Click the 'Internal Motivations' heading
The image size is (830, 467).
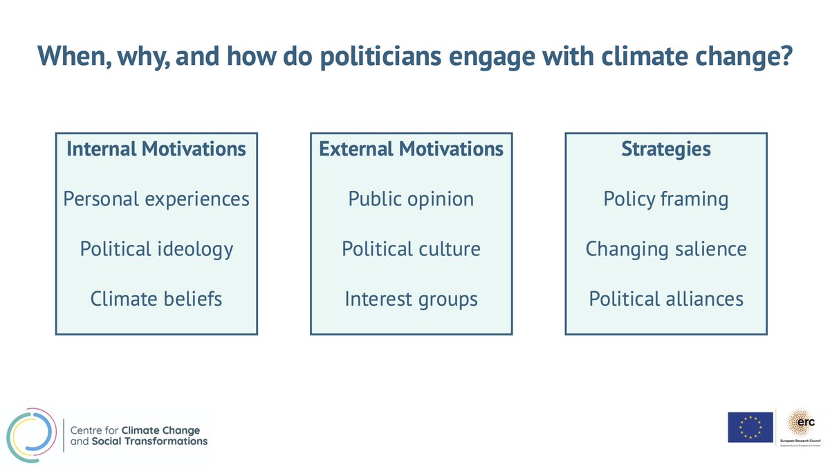tap(156, 149)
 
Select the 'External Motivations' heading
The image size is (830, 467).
tap(411, 149)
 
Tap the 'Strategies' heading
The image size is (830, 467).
tap(665, 149)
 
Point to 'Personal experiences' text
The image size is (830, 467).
tap(156, 199)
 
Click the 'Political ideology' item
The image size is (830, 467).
tap(156, 249)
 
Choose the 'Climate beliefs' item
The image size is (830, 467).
tap(156, 299)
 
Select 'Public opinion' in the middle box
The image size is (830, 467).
tap(411, 199)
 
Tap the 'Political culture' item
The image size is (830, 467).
tap(411, 249)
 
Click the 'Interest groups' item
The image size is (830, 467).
tap(411, 299)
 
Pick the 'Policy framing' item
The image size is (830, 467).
tap(665, 199)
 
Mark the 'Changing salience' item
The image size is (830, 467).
tap(665, 249)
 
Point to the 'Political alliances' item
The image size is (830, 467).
tap(665, 299)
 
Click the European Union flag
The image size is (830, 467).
tap(750, 428)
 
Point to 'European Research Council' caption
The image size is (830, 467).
tap(801, 440)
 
